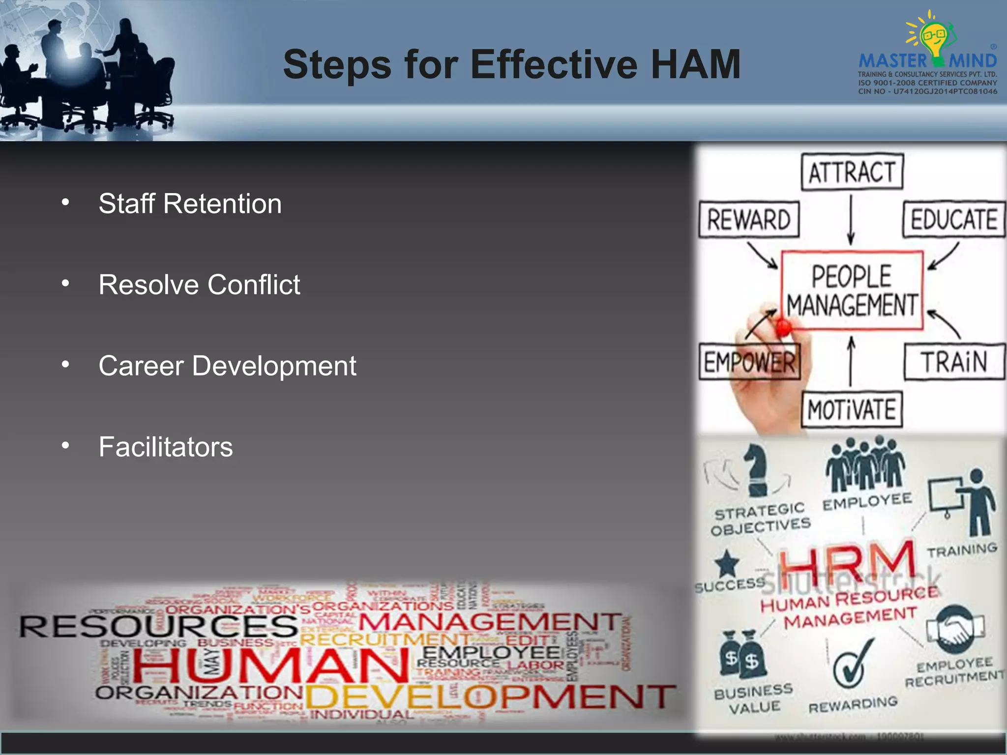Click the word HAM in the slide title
695,64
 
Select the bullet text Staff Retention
190,203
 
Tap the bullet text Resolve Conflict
199,285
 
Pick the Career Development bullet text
227,366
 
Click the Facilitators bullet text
166,447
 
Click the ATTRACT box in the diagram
852,172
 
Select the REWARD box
749,219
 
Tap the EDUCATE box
954,219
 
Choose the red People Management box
852,290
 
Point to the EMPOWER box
749,362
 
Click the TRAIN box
954,362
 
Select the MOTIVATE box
852,409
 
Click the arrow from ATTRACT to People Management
851,219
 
